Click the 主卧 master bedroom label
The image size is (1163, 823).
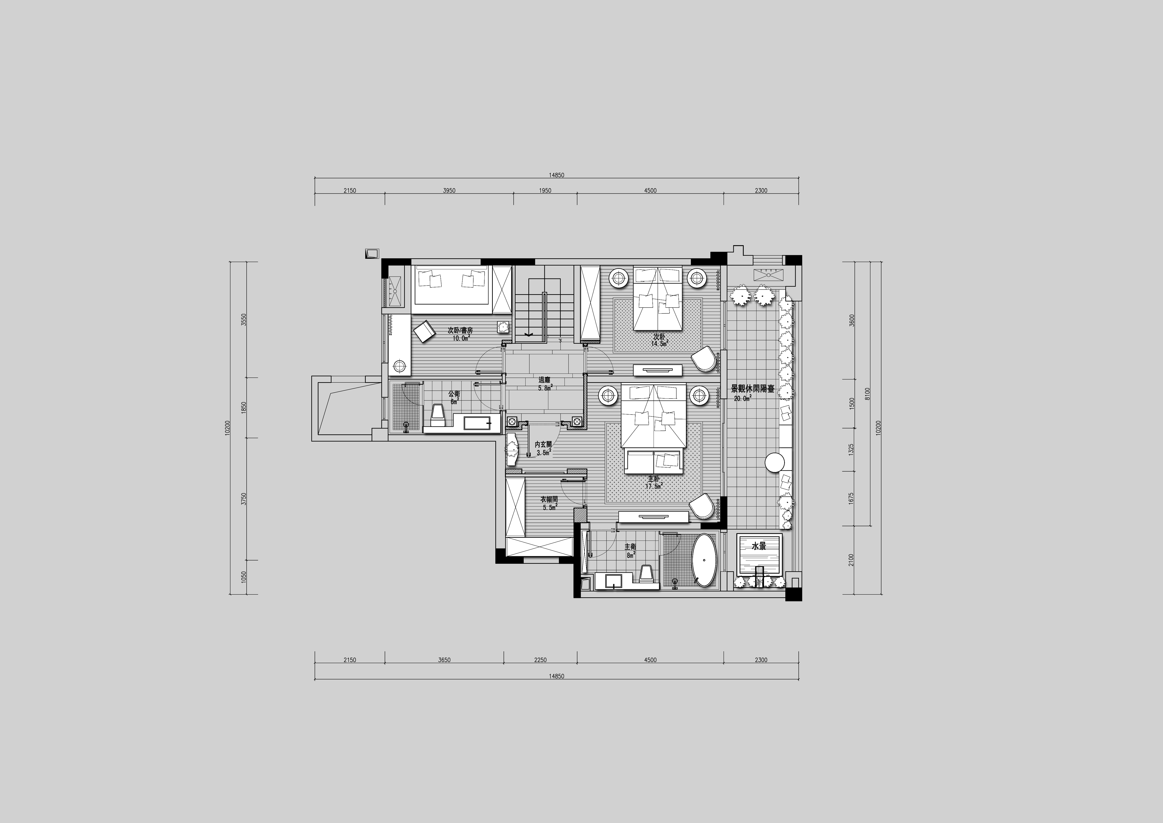pyautogui.click(x=654, y=478)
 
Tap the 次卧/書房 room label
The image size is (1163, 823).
pyautogui.click(x=460, y=330)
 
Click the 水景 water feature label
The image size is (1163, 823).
pyautogui.click(x=759, y=547)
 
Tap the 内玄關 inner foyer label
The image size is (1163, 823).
pyautogui.click(x=543, y=444)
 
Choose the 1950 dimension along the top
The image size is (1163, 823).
pyautogui.click(x=545, y=191)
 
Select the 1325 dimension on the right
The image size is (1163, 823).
pyautogui.click(x=851, y=450)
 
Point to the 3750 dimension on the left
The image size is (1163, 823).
pyautogui.click(x=244, y=499)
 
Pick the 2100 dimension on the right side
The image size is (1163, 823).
pyautogui.click(x=851, y=560)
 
